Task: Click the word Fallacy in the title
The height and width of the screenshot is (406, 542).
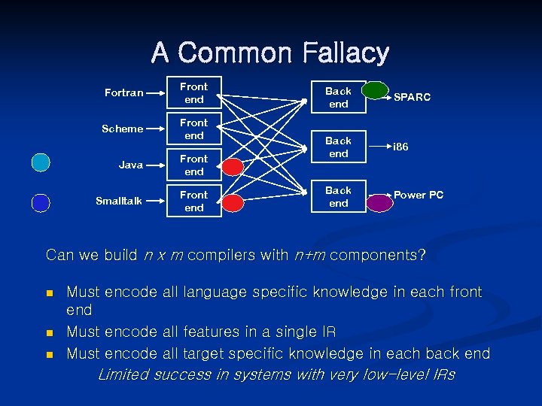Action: [346, 53]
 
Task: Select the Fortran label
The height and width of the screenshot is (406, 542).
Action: [123, 93]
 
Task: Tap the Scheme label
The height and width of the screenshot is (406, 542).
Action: [122, 129]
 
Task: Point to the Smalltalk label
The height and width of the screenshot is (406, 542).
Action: [119, 201]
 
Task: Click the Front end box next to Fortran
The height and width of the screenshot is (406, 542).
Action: [194, 93]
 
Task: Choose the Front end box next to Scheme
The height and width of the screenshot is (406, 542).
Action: [194, 129]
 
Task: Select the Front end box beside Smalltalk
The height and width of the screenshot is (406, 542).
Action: [194, 201]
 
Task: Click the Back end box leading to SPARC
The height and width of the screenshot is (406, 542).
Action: [338, 97]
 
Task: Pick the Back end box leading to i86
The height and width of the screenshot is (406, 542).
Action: [338, 147]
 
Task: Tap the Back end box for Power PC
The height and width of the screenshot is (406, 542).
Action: [338, 197]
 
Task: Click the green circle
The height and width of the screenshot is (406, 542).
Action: [375, 90]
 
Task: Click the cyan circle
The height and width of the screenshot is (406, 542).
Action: [41, 162]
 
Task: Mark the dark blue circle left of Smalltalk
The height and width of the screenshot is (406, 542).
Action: [41, 203]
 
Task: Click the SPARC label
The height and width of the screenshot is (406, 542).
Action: [412, 98]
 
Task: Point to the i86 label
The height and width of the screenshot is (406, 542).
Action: [400, 147]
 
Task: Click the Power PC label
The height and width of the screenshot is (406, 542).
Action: [419, 195]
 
